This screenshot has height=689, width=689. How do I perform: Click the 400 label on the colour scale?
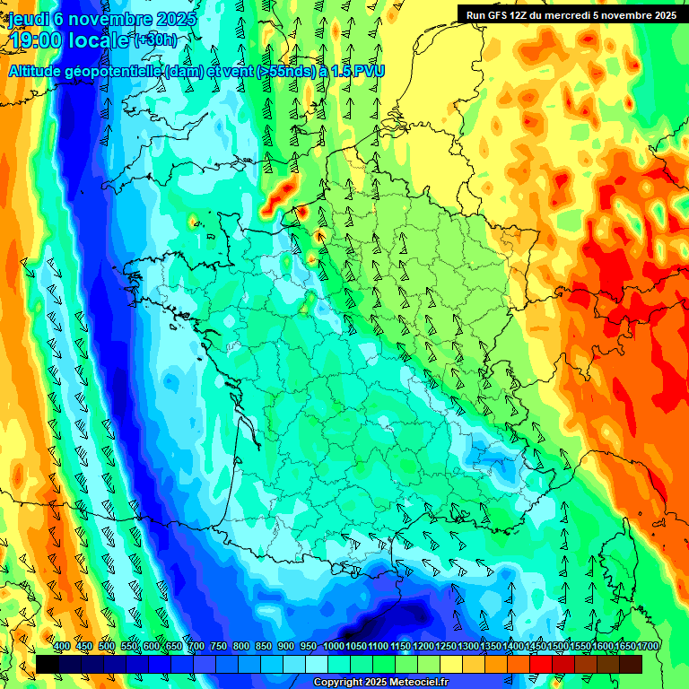pyautogui.click(x=62, y=646)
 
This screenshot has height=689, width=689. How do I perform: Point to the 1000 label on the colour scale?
pyautogui.click(x=334, y=646)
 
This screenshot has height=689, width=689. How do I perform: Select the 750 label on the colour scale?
pyautogui.click(x=219, y=646)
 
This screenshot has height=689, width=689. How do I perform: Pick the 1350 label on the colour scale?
pyautogui.click(x=491, y=646)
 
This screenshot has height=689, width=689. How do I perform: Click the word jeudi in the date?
pyautogui.click(x=28, y=19)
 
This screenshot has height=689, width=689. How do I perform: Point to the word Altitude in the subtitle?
pyautogui.click(x=39, y=71)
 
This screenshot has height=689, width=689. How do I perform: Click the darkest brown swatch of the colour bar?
pyautogui.click(x=631, y=664)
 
